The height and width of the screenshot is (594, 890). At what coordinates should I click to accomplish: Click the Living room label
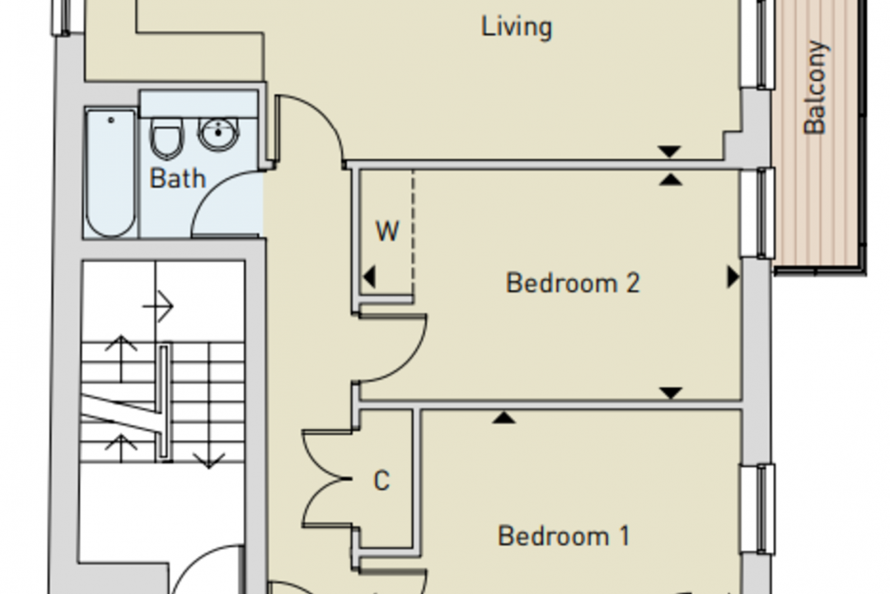point(516,28)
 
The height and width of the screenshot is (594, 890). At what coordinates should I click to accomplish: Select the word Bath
point(177,179)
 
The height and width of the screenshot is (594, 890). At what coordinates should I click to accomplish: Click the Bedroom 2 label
point(573,283)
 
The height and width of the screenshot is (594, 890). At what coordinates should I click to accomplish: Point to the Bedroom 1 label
point(564,536)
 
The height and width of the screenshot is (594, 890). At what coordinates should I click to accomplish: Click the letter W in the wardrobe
point(387,231)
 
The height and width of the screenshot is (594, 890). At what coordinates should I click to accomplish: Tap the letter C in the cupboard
point(382,481)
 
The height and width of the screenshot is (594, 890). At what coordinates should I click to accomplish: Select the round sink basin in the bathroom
point(219,134)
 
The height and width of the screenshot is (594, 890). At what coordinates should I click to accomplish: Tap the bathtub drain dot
point(111,120)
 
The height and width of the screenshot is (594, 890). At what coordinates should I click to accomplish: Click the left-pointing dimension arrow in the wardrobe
point(370,277)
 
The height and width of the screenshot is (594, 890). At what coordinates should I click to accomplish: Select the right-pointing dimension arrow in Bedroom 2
point(734,277)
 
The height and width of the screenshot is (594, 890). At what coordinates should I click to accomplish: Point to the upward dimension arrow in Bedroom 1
point(504,417)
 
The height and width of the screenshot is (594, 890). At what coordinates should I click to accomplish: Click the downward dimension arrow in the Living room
point(669,151)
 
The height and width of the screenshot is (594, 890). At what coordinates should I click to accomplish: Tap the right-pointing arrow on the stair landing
point(158,306)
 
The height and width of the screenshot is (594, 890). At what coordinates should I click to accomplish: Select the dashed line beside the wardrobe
point(413,234)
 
